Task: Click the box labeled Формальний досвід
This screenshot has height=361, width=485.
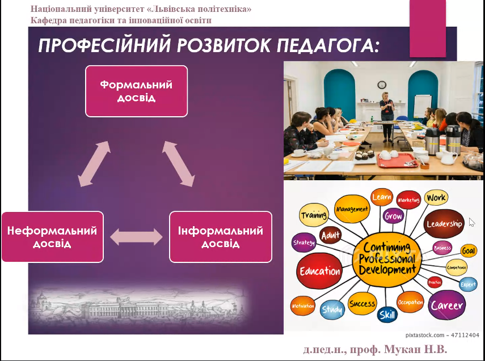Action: click(136, 91)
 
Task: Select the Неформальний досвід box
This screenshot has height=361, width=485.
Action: click(52, 237)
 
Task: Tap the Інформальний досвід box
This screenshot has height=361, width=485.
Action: click(221, 237)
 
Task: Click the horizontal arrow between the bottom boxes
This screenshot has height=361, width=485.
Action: click(136, 237)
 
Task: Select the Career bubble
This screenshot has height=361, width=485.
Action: click(447, 305)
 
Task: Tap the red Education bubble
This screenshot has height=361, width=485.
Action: click(320, 271)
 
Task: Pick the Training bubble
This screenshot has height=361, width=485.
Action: click(314, 215)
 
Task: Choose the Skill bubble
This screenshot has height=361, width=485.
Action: click(387, 315)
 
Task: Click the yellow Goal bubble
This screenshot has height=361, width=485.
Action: click(469, 250)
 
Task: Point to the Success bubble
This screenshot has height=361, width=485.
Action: click(362, 304)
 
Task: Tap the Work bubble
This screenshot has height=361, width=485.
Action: click(436, 198)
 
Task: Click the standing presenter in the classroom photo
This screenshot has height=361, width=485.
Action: click(386, 113)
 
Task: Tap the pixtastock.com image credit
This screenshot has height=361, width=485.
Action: click(442, 335)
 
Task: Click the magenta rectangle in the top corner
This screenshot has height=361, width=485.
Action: click(428, 28)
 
